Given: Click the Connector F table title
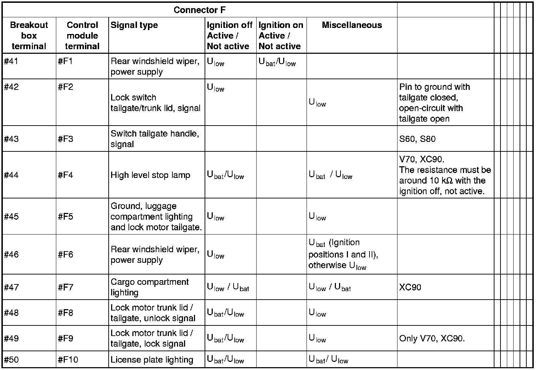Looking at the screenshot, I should coord(199,10).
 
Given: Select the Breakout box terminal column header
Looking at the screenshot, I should coord(29,35).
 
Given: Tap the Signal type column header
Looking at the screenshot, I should coord(134,25).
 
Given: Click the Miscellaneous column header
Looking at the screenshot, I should coord(352,25).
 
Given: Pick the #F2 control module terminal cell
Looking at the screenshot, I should coord(65,87).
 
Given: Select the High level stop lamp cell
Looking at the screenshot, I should coord(150,175).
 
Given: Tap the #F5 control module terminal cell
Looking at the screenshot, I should coord(65,216).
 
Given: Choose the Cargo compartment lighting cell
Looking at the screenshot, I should coord(150,287).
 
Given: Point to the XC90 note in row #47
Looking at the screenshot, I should coord(410,287).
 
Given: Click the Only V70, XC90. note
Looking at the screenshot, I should coord(432,339).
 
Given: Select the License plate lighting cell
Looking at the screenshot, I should coord(152,360).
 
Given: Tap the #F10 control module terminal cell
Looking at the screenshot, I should coord(68,360).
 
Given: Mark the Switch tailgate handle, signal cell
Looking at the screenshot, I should coord(155,139).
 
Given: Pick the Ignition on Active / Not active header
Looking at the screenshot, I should coord(280,35).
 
